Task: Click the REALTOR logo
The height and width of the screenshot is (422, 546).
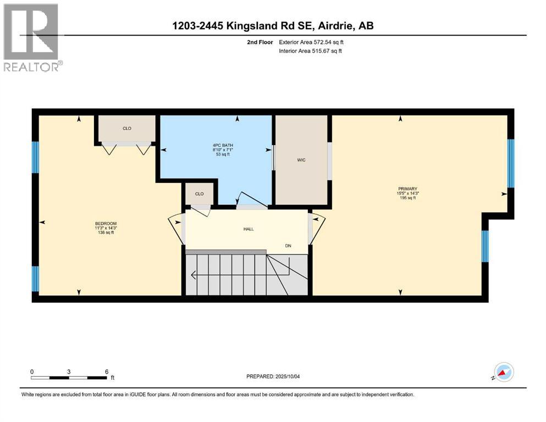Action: coord(32,37)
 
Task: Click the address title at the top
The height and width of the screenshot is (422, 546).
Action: coord(273,26)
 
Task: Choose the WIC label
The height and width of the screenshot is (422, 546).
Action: coord(302,160)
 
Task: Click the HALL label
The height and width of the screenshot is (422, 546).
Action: coord(249,229)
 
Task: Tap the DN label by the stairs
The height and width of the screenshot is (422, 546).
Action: coord(288,246)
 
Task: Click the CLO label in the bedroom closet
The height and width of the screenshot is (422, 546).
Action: coord(126,129)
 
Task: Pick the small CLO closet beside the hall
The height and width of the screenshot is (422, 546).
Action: coord(199,194)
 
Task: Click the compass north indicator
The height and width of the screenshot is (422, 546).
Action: coord(504,373)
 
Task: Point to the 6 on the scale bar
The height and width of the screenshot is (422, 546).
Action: coord(106,371)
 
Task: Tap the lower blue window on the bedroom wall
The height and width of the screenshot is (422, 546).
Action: coord(36,279)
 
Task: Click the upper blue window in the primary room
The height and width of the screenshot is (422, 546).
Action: coord(510,163)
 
